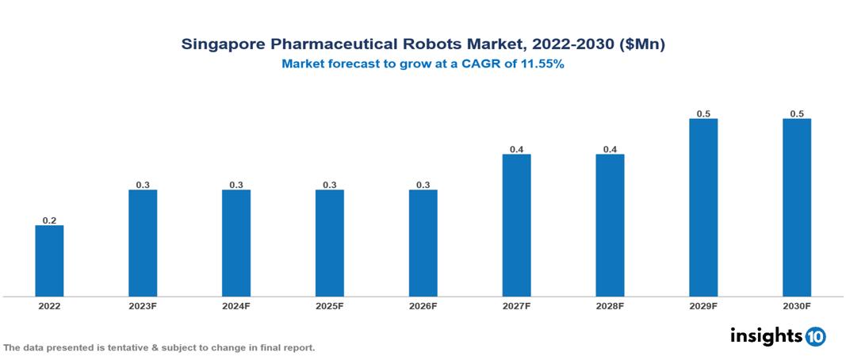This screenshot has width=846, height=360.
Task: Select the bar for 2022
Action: click(49, 261)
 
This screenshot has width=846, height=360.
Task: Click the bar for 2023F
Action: click(143, 243)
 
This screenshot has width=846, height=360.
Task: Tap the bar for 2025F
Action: click(330, 243)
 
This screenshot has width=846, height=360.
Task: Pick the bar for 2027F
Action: click(517, 225)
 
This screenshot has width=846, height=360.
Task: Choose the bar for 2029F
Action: click(703, 208)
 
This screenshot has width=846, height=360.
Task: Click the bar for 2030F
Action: click(797, 208)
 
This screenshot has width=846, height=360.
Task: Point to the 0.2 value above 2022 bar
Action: click(49, 220)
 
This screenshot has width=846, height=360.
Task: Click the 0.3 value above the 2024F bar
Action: click(236, 185)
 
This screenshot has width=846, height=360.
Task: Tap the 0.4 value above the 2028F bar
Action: click(610, 149)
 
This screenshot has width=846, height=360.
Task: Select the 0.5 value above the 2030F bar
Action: click(797, 113)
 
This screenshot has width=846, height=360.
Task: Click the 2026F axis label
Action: click(423, 305)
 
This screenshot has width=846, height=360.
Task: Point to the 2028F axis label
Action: click(610, 305)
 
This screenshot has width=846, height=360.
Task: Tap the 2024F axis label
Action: click(236, 305)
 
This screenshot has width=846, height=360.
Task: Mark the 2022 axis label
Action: click(49, 305)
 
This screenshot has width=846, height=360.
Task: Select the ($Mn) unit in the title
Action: click(639, 44)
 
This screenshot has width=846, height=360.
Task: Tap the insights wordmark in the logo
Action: click(766, 335)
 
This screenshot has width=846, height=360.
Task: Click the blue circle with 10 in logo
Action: click(815, 336)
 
